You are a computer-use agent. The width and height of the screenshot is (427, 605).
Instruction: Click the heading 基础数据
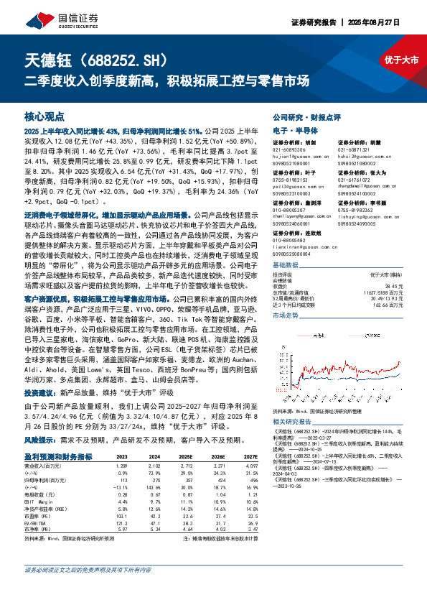point(285,264)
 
